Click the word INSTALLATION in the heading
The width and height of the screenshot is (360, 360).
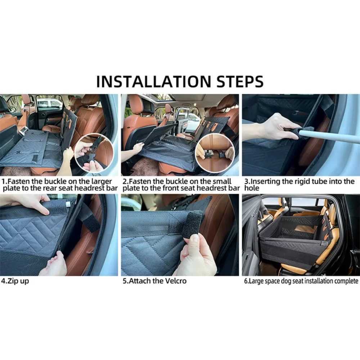click(154, 81)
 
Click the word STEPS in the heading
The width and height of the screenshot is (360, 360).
click(240, 81)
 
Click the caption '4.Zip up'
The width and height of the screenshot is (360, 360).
click(15, 281)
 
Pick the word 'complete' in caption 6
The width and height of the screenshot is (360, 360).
click(346, 281)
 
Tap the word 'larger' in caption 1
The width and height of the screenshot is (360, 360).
click(102, 181)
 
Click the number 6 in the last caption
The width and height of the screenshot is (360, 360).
click(246, 281)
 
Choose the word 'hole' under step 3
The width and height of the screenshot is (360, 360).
click(252, 188)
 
